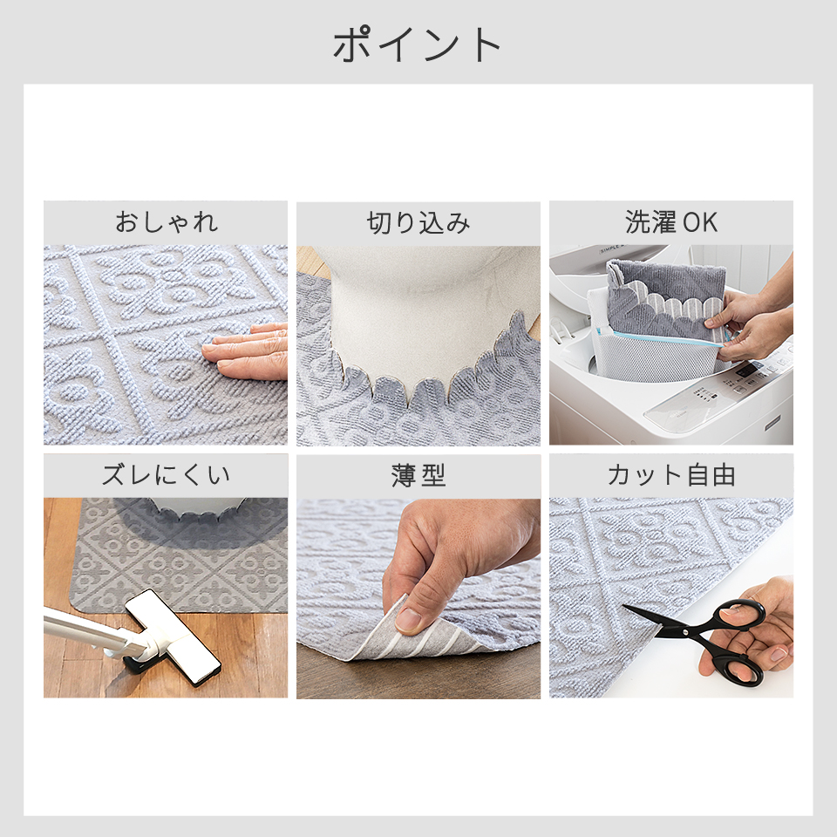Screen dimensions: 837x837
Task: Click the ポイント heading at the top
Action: pos(417,44)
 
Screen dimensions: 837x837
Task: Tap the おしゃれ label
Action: pos(166,222)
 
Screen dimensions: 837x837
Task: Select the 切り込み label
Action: pos(418,223)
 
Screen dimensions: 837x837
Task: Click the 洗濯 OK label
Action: pos(671,222)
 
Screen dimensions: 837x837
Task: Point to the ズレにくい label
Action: pos(166,475)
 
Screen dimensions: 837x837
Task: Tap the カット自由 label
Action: pos(671,475)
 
